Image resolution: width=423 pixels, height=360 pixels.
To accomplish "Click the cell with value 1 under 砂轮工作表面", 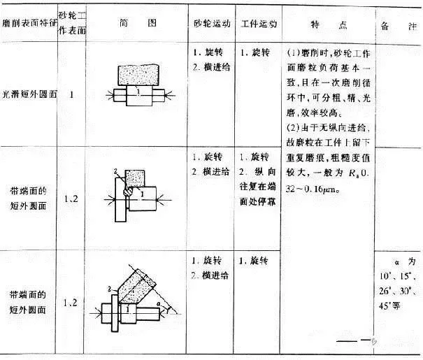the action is tap(73, 94).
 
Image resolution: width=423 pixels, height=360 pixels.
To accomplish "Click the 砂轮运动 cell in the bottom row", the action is tap(211, 267).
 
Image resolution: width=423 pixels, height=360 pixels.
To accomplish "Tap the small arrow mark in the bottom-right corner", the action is tap(375, 343).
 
